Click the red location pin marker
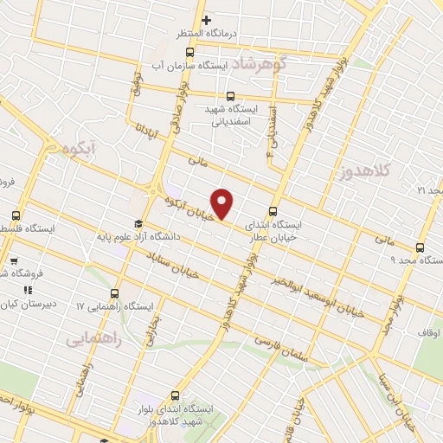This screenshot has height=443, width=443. (223, 204)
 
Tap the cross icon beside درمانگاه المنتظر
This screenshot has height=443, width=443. (206, 21)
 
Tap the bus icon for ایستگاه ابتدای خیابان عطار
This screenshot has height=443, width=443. (273, 210)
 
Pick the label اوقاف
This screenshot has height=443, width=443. (429, 332)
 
